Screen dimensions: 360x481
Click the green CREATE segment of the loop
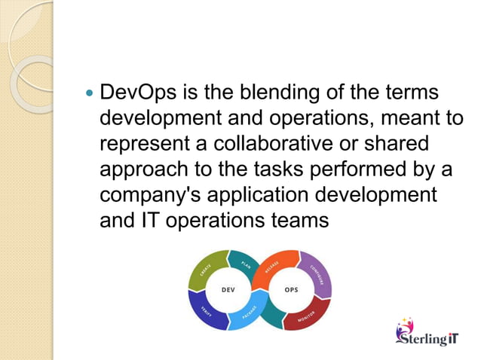point(205,270)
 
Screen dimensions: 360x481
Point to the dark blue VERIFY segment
point(204,312)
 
